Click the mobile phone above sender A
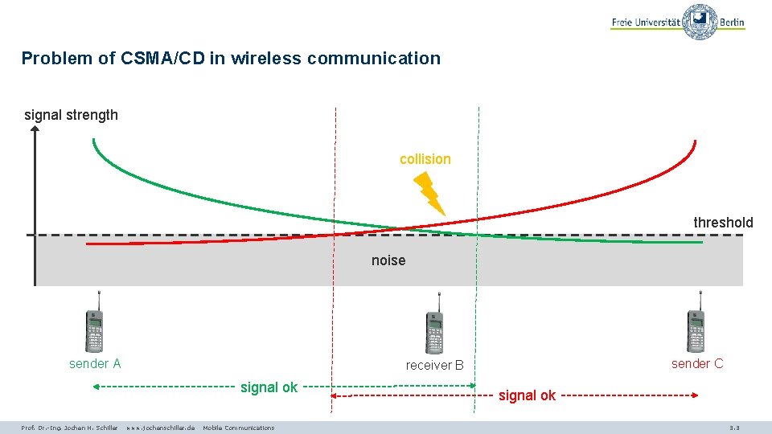tap(95, 323)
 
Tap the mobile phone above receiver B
tap(434, 323)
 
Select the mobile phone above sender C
tap(696, 322)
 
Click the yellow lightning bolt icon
tap(430, 193)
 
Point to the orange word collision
tap(425, 159)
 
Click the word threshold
tap(723, 223)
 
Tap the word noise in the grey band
tap(388, 260)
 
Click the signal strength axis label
tap(71, 115)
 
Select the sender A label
tap(95, 364)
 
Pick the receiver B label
tap(435, 366)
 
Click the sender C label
tap(697, 364)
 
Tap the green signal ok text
tap(269, 387)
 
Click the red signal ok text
tap(528, 395)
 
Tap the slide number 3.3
tap(733, 428)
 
